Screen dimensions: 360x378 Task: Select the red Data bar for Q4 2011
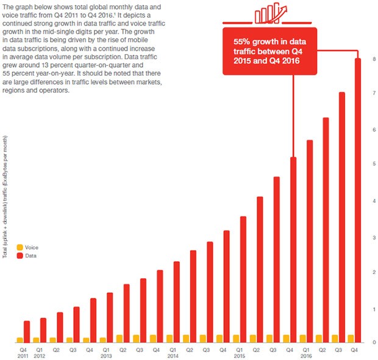coord(27,331)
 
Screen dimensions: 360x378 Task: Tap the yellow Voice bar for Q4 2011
coord(20,339)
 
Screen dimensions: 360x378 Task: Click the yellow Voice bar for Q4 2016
coord(351,338)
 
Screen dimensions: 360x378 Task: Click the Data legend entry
coord(27,256)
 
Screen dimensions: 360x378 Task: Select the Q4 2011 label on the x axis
coord(23,352)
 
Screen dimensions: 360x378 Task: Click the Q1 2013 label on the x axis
coord(105,352)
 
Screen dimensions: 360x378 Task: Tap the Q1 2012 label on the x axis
coord(40,352)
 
